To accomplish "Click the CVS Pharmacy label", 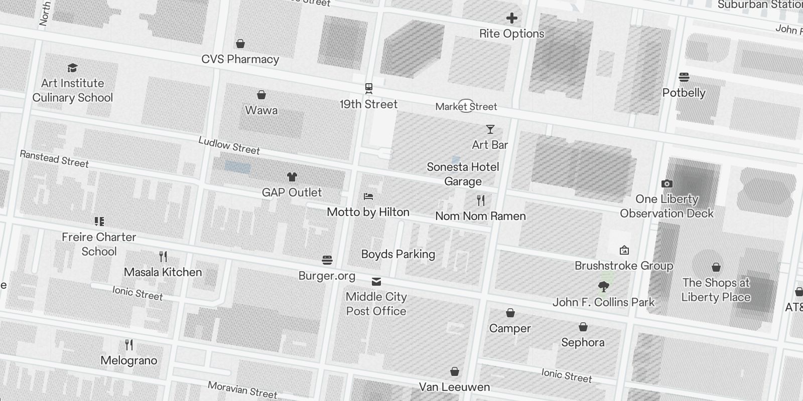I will click(240, 59).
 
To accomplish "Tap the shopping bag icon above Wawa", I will click(261, 95).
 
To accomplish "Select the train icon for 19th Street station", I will click(369, 89).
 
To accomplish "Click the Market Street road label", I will click(466, 106).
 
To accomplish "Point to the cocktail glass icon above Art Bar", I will click(490, 129).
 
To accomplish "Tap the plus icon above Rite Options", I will click(511, 19).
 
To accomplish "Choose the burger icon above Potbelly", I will click(684, 77).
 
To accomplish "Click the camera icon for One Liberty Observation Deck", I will click(666, 183).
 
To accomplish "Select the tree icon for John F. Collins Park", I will click(604, 287).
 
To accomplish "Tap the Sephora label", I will click(583, 342).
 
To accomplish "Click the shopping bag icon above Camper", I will click(510, 313).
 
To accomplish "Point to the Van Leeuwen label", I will click(454, 387).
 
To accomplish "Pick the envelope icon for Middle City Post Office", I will click(376, 281).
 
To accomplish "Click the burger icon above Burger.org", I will click(327, 260).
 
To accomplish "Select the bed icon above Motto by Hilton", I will click(368, 196).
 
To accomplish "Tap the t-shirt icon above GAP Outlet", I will click(292, 176).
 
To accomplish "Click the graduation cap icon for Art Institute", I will click(72, 68).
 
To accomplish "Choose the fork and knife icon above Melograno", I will click(129, 345).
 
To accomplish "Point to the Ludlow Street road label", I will click(229, 145).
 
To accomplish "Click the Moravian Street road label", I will click(242, 389).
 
